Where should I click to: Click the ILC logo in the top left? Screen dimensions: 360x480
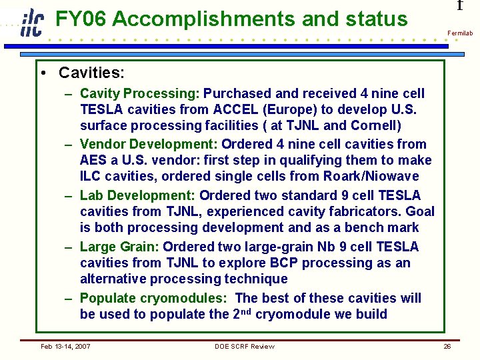click(31, 23)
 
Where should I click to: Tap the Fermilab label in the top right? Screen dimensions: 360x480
click(459, 33)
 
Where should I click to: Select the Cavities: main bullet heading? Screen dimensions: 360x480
click(91, 72)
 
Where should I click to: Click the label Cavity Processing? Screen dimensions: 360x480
click(139, 93)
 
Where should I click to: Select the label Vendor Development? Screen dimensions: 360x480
click(148, 144)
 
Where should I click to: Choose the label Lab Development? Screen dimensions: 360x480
click(137, 195)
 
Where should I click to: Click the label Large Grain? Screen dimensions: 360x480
click(119, 247)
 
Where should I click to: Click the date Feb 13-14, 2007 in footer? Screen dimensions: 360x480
click(65, 346)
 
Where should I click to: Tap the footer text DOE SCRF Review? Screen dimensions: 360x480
click(244, 346)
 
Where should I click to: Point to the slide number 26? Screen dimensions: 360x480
click(447, 346)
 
